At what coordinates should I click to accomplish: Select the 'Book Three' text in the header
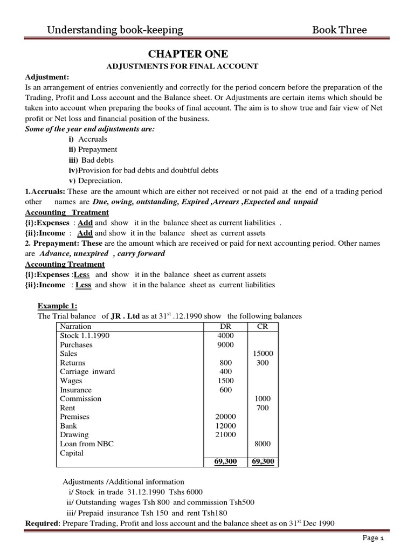339,30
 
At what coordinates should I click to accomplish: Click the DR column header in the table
225,326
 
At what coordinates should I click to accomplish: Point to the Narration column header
76,326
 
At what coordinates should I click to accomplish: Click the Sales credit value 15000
263,354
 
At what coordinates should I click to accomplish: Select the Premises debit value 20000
226,417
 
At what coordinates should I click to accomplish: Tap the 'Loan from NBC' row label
87,444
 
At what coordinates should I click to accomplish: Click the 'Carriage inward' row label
87,371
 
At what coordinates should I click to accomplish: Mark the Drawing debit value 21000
226,434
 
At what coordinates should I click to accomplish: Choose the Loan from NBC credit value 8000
262,444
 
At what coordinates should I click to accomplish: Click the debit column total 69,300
225,461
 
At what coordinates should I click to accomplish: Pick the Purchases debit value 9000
226,344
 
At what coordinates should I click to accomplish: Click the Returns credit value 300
263,363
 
